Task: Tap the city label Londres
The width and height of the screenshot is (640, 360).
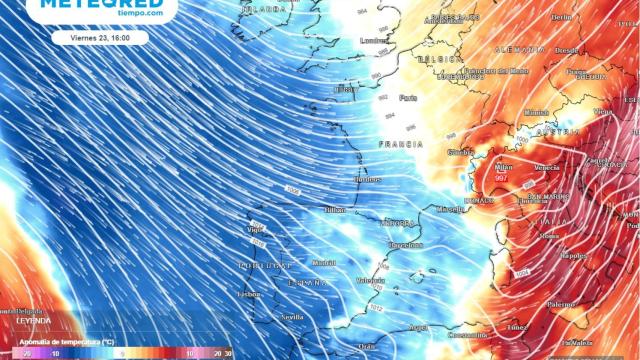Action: point(374,41)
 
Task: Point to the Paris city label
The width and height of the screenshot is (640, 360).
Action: point(408,98)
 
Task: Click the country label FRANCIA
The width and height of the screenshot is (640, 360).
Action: point(400,145)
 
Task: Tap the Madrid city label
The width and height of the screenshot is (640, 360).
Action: point(323,263)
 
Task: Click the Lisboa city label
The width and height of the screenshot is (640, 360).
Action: point(250,294)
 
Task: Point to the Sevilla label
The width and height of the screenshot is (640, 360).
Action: point(293,316)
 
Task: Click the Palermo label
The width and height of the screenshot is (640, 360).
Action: point(560,304)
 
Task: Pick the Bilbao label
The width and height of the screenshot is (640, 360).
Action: point(335,210)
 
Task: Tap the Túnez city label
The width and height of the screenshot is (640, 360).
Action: point(514,327)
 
